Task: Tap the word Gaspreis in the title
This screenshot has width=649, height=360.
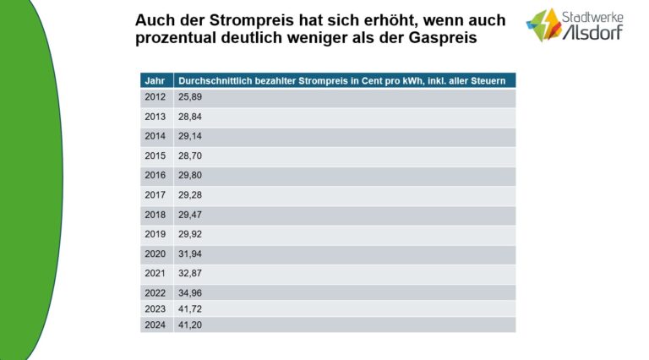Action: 460,37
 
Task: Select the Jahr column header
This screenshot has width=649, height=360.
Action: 155,80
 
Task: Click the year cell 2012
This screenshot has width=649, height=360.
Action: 155,98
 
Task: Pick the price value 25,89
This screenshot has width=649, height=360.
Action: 190,98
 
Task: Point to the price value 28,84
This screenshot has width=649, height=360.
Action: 190,117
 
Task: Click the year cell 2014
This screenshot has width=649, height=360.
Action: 155,136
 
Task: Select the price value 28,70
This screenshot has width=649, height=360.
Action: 190,156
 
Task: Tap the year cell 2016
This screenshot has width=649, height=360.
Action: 155,176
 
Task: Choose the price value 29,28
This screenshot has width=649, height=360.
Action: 190,195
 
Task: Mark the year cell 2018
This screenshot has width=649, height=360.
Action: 155,215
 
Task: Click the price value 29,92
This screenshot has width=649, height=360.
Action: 190,234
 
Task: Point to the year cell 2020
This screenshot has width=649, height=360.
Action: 155,254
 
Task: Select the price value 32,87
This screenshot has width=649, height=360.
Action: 190,273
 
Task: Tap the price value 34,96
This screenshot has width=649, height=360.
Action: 190,292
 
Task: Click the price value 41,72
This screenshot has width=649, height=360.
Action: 190,308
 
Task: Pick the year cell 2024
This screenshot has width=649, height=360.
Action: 155,325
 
